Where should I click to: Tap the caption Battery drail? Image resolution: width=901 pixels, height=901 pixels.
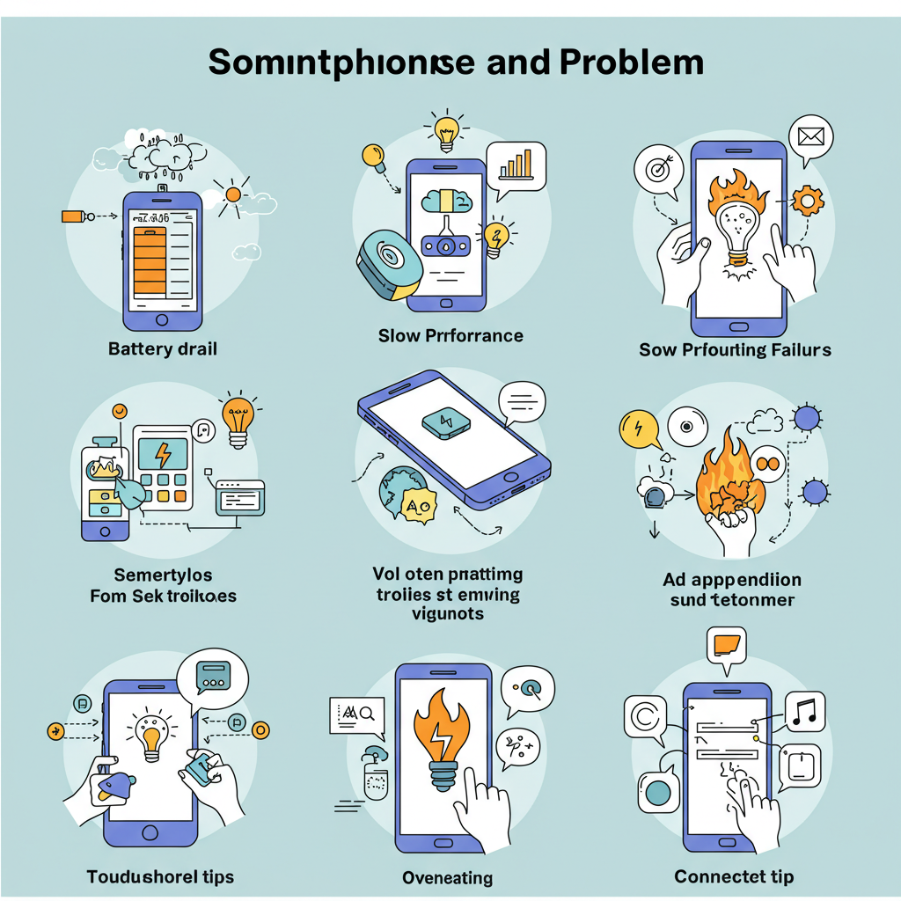pyautogui.click(x=163, y=348)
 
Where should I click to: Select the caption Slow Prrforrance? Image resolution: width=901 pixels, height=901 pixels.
pyautogui.click(x=450, y=335)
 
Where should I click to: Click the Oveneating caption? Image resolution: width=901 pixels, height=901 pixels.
pyautogui.click(x=447, y=877)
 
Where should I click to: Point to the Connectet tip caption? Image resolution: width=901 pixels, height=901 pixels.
pyautogui.click(x=734, y=876)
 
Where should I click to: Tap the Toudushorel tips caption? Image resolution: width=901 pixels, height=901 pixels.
pyautogui.click(x=160, y=876)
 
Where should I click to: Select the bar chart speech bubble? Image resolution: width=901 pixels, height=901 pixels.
pyautogui.click(x=516, y=165)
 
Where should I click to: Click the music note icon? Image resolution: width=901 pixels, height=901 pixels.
pyautogui.click(x=805, y=710)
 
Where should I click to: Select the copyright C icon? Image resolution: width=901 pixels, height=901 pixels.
pyautogui.click(x=644, y=716)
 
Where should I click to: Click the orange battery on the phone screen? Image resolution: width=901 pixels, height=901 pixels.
pyautogui.click(x=149, y=257)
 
